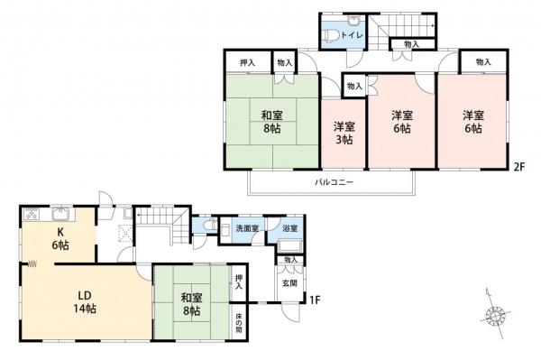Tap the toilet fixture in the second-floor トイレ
pyautogui.click(x=333, y=35)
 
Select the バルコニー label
pyautogui.click(x=334, y=182)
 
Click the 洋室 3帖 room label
pyautogui.click(x=344, y=134)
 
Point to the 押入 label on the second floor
pyautogui.click(x=245, y=62)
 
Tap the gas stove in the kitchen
pyautogui.click(x=31, y=215)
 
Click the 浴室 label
pyautogui.click(x=289, y=228)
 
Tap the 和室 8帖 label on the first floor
pyautogui.click(x=191, y=302)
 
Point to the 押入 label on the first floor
pyautogui.click(x=239, y=281)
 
